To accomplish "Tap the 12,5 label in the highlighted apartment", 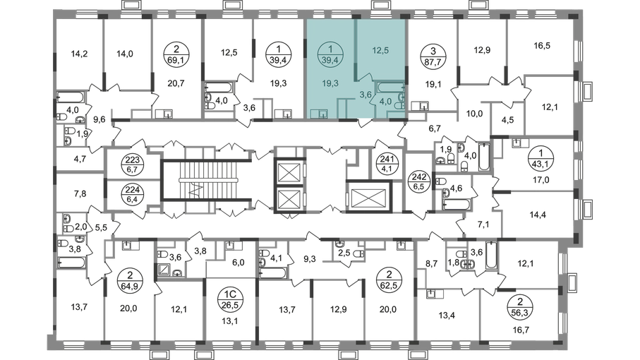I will (380, 49).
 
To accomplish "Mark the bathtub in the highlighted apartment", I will (388, 88).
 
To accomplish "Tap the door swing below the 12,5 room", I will (364, 76).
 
